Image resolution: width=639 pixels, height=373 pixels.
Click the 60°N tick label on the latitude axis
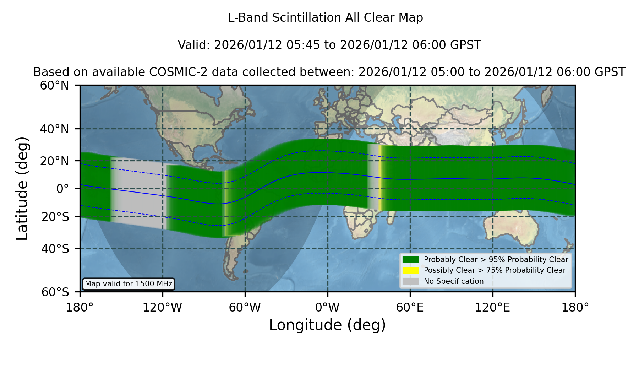pos(54,86)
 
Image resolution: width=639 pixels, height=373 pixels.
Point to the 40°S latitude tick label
pos(55,249)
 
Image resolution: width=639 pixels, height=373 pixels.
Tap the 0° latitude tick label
pos(62,189)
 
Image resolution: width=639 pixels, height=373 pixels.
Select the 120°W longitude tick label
pos(162,308)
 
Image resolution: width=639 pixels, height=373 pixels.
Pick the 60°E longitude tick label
pos(410,308)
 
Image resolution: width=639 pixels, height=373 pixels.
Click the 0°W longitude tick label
pos(327,308)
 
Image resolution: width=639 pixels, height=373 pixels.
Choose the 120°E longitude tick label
pos(492,308)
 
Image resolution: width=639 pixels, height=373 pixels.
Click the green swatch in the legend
pos(411,260)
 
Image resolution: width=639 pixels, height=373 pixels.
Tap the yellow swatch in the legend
pos(411,270)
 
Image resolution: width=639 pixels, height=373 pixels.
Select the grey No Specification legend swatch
pos(411,281)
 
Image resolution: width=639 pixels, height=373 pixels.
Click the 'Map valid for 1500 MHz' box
pos(129,284)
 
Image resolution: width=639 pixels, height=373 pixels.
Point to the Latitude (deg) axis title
pos(22,188)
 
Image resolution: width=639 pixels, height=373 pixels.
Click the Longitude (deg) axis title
pos(327,325)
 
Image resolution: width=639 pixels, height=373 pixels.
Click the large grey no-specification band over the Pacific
pos(138,192)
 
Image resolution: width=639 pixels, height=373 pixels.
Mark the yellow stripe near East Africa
pos(380,178)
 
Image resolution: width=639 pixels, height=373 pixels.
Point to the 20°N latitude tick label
pos(54,161)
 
